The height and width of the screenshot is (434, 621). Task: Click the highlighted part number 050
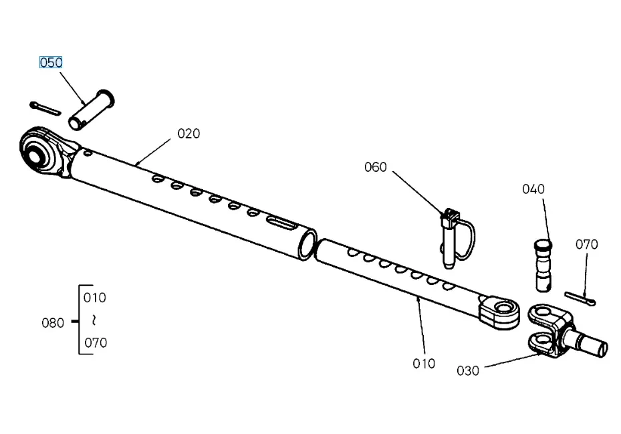coord(51,63)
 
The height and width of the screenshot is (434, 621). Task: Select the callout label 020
coord(189,134)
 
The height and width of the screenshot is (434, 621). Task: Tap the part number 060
coord(375,167)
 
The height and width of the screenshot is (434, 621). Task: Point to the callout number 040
coord(533,189)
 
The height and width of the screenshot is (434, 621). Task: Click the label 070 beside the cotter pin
coord(586,245)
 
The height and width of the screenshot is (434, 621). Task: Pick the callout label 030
coord(467,370)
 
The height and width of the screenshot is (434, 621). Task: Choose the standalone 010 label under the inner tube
coord(424,364)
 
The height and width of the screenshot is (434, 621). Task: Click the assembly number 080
coord(53,323)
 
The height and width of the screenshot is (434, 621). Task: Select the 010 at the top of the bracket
coord(94,298)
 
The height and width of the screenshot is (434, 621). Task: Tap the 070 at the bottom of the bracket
coord(94,343)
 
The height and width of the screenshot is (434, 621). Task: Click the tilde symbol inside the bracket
coord(94,320)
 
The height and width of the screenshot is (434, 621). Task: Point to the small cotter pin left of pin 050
coord(45,108)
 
